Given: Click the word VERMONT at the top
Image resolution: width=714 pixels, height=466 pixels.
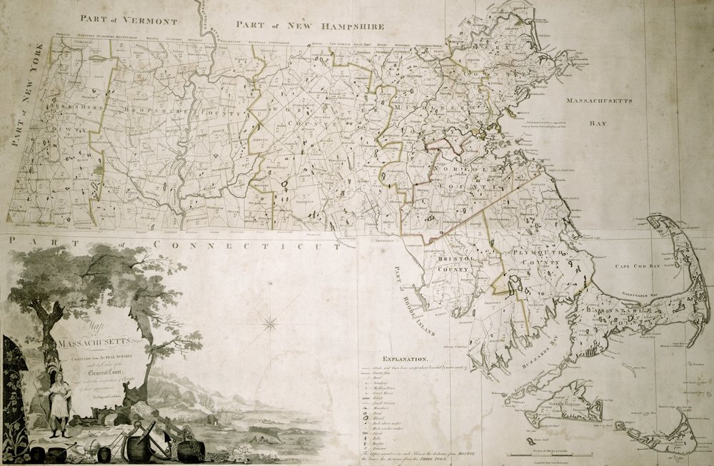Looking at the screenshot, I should pyautogui.click(x=148, y=19).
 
